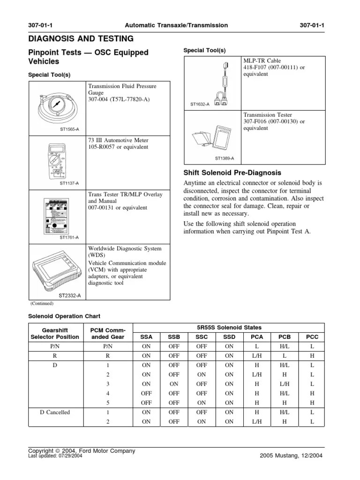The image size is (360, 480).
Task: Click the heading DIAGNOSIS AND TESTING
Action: click(x=81, y=38)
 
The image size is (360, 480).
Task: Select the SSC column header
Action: click(x=202, y=337)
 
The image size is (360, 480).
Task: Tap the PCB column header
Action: click(x=284, y=337)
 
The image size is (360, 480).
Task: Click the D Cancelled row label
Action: click(x=55, y=412)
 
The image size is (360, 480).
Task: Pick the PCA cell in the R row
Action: click(x=257, y=355)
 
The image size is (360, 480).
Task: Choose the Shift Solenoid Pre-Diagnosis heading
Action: click(x=232, y=172)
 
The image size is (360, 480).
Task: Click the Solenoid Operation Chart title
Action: click(x=64, y=316)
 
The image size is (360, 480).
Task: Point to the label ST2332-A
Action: click(x=69, y=295)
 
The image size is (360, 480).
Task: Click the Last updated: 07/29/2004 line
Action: click(x=55, y=455)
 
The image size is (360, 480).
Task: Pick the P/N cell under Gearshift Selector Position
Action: click(x=55, y=346)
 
